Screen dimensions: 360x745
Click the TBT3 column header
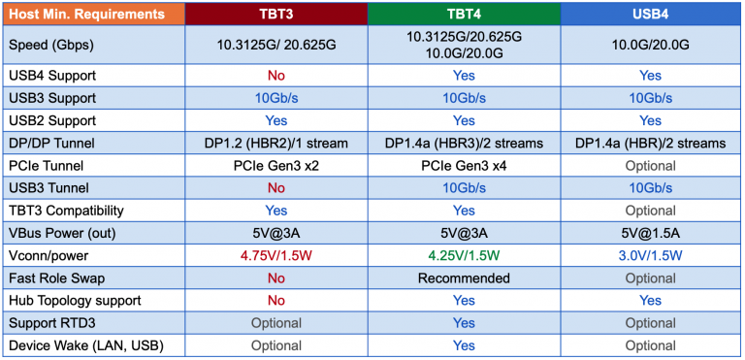pos(275,15)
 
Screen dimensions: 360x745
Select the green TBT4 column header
pos(464,15)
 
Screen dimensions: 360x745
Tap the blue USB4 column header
pos(651,15)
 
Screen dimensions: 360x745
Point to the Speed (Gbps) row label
pos(56,45)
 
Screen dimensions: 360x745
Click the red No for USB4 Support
pos(275,76)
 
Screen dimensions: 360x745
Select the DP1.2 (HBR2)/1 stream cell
pos(275,143)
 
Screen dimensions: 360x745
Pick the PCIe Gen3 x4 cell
pos(464,165)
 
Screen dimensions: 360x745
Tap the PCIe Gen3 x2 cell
pos(275,165)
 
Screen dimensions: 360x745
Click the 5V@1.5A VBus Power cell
pos(651,233)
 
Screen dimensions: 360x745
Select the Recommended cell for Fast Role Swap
pos(464,278)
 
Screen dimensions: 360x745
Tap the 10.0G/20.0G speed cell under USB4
pos(651,45)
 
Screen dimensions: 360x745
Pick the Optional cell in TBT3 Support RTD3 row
pos(275,323)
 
